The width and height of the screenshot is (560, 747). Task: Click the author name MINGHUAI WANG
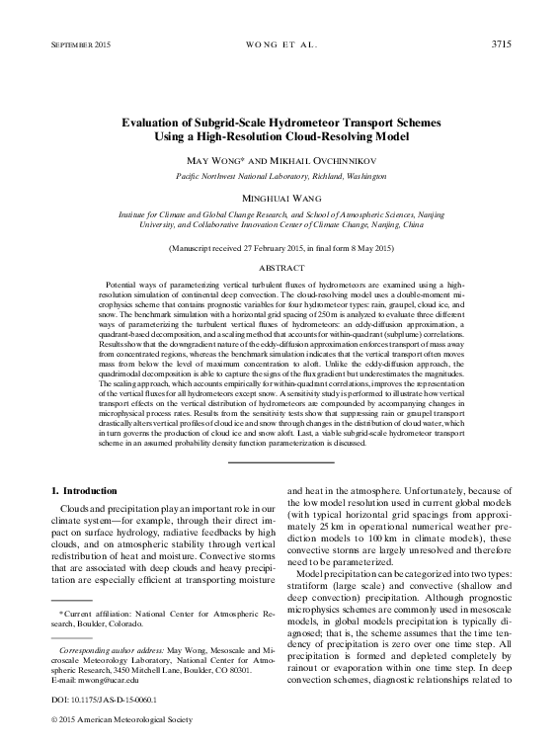pos(280,198)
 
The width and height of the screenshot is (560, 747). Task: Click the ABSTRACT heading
pos(280,268)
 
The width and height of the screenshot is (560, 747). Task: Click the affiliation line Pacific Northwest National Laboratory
pos(280,175)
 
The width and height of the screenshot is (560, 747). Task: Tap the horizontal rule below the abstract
pos(280,460)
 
